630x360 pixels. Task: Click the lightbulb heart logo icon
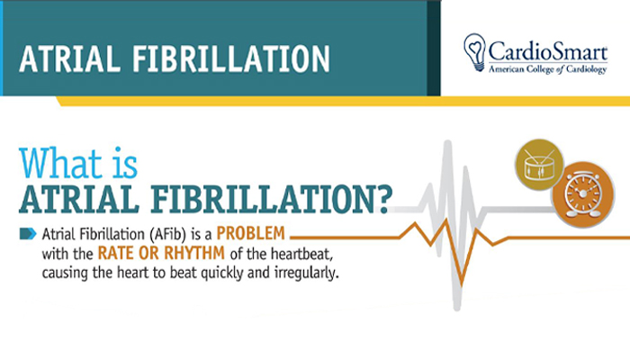[474, 53]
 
